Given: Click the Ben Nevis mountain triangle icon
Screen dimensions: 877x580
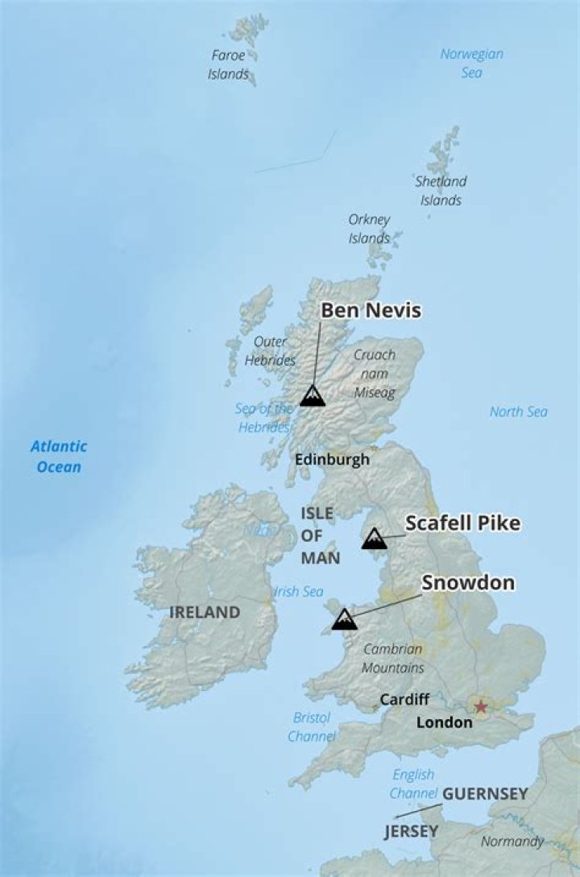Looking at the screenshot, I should [x=312, y=395].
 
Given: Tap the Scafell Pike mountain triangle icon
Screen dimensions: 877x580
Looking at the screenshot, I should [x=374, y=539].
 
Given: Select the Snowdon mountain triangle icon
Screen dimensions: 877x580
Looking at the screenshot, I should [x=344, y=619].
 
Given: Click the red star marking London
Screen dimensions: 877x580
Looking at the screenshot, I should [x=481, y=707].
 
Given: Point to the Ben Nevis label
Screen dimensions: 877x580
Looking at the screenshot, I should [x=371, y=311].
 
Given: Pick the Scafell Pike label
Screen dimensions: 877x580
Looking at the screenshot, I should [x=462, y=523].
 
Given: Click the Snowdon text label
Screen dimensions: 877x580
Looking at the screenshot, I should [x=468, y=583].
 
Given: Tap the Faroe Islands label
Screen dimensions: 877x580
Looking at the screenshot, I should [x=229, y=65].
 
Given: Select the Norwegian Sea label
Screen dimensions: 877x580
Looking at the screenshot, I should [x=471, y=64].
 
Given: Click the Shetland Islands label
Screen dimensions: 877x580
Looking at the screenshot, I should [x=441, y=191].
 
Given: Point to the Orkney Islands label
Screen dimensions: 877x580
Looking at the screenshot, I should [x=369, y=229].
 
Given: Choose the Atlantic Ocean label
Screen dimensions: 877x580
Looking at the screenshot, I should [x=59, y=457].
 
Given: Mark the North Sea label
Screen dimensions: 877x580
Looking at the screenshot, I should [x=518, y=412].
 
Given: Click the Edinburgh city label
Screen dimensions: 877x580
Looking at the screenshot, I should [x=332, y=460].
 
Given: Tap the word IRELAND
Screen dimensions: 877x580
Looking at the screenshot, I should [x=205, y=612].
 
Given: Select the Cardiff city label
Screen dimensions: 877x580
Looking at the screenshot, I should [x=404, y=700].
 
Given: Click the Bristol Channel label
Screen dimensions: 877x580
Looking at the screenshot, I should [x=311, y=726].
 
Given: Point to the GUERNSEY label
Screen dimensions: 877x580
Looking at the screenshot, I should [x=485, y=794].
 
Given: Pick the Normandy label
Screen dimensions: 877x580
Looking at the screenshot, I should [x=512, y=842].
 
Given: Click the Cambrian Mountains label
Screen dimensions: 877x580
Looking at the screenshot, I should [x=392, y=659].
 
